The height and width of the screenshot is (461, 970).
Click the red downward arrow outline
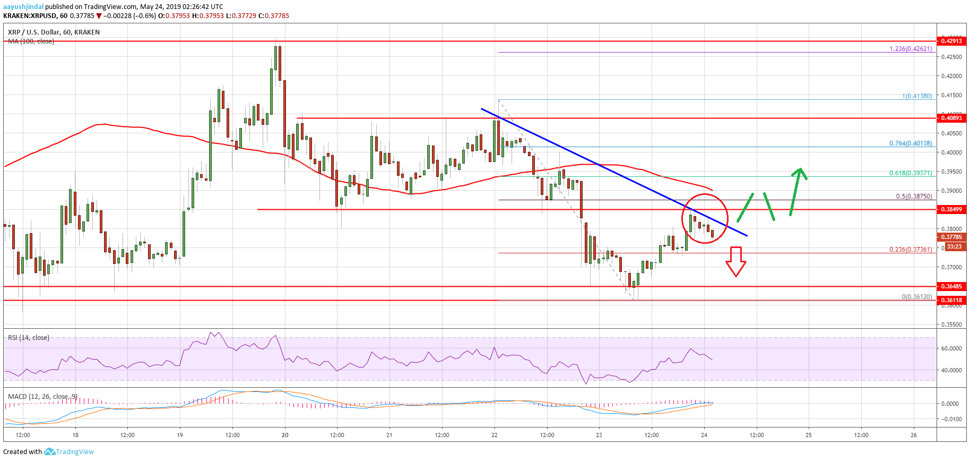(735, 262)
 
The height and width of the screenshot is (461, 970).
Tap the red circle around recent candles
(705, 218)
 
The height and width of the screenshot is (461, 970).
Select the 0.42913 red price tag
(951, 41)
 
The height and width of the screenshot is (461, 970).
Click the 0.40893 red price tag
(951, 118)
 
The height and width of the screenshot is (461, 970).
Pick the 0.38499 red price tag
(951, 209)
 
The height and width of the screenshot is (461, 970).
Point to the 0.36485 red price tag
(951, 286)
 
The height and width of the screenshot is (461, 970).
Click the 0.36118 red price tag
(951, 300)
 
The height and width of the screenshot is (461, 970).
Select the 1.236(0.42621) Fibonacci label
(911, 49)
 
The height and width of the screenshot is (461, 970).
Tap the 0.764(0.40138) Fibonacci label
(911, 143)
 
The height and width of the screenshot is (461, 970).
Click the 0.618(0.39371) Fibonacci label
(911, 173)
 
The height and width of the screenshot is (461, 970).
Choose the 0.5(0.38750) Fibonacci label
(914, 197)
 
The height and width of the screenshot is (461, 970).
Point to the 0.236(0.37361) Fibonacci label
(911, 250)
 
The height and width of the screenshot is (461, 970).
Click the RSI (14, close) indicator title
(29, 338)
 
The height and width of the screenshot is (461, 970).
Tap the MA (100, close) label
(31, 41)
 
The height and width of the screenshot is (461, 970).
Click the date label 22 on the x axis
(495, 435)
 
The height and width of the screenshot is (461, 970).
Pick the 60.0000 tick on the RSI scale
(951, 348)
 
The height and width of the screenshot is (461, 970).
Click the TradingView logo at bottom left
(69, 452)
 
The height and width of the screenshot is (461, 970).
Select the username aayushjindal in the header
(23, 7)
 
